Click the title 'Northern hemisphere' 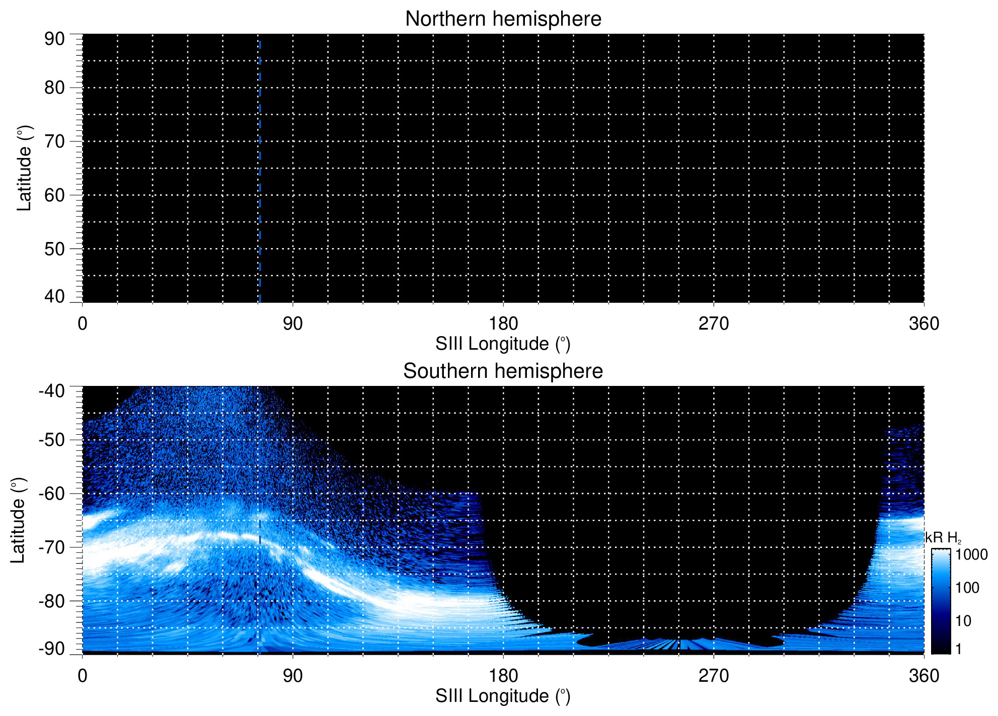503,19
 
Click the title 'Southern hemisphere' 503,371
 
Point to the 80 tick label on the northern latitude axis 54,88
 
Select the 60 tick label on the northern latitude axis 54,195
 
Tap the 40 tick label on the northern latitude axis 54,296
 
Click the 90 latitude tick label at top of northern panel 54,39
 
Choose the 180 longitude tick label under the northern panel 503,324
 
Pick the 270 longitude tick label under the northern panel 713,324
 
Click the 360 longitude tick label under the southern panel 924,676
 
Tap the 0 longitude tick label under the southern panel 83,676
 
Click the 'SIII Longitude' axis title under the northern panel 503,344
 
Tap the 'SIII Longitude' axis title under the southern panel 503,696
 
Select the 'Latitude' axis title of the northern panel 24,168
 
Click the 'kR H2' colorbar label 943,538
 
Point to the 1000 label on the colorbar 971,555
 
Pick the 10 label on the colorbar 963,621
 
